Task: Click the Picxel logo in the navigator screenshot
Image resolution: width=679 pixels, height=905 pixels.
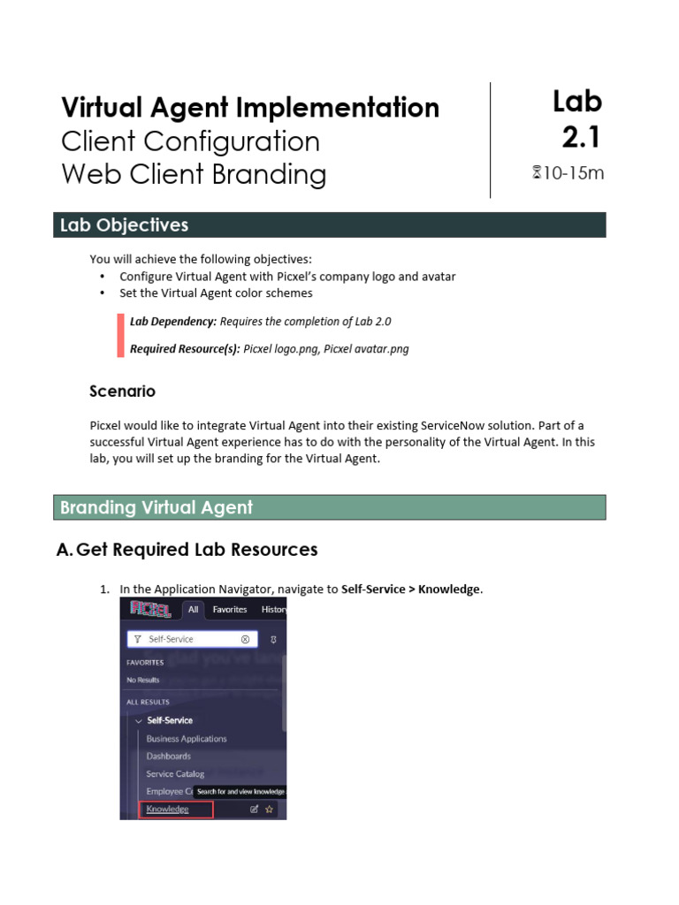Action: [150, 609]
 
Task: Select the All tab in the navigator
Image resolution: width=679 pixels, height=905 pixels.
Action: [193, 609]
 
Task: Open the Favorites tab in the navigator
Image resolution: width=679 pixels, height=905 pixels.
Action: [229, 609]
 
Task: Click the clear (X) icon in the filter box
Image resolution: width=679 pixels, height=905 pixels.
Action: [245, 639]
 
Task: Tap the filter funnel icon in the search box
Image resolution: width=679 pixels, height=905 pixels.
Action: [137, 639]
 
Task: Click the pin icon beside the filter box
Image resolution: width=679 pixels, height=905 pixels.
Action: [273, 639]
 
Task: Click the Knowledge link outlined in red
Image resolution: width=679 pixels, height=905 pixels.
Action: [168, 809]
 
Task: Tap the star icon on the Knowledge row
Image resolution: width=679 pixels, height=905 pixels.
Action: [270, 809]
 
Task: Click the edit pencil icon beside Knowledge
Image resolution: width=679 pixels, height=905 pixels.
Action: [255, 809]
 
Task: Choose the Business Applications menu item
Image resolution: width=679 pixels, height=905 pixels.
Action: [187, 739]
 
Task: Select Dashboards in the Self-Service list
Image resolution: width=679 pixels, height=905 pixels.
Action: [169, 757]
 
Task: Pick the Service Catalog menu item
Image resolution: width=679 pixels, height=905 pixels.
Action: [175, 774]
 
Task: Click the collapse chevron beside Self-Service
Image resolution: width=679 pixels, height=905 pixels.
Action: [138, 720]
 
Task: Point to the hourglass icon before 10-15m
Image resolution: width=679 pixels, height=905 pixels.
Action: [536, 173]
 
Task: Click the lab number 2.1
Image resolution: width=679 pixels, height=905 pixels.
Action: [582, 137]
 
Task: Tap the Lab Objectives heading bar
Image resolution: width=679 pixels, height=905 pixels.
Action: [329, 225]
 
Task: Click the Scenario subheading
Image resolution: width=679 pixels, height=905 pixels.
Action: [123, 391]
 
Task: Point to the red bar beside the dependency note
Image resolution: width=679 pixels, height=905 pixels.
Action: [120, 335]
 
